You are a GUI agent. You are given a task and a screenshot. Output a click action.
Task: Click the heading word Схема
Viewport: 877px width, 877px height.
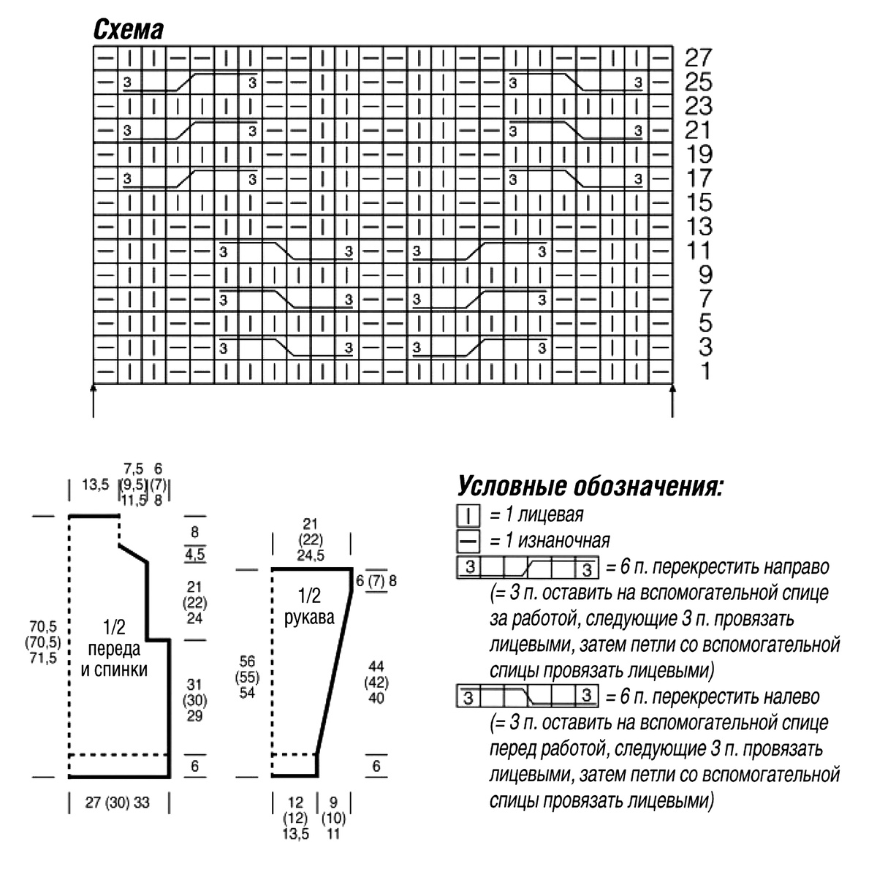(x=128, y=29)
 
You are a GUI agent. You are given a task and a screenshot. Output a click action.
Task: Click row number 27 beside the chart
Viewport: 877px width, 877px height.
(x=698, y=58)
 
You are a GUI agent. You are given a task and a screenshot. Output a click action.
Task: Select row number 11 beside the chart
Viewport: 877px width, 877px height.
(x=698, y=251)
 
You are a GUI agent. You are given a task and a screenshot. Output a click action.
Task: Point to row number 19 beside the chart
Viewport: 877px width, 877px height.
(x=698, y=154)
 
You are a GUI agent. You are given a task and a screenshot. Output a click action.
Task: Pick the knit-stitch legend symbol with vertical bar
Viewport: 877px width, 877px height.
(x=468, y=516)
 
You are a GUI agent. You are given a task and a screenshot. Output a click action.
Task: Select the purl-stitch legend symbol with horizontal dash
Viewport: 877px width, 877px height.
(x=468, y=541)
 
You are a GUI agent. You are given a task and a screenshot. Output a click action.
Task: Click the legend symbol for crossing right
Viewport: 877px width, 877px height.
(x=527, y=566)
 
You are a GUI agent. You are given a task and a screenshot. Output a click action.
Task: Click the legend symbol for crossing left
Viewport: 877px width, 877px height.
(x=527, y=696)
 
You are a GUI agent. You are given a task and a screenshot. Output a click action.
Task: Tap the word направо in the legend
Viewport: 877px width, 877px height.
(x=793, y=566)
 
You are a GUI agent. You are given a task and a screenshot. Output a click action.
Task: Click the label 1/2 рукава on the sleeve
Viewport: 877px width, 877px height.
(x=309, y=606)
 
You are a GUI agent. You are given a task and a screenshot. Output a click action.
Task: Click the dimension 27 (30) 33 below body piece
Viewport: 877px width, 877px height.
(x=117, y=802)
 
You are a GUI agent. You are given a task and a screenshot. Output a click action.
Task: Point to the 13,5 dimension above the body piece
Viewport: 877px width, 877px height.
(x=96, y=484)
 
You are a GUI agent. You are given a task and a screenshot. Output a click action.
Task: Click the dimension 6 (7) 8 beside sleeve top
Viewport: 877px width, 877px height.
(x=376, y=582)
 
